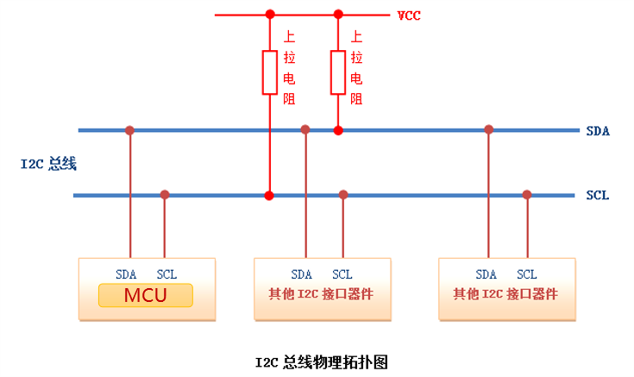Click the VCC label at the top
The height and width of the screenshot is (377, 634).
[410, 16]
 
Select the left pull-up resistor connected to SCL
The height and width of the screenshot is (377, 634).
[269, 72]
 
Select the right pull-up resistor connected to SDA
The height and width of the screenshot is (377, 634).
[338, 72]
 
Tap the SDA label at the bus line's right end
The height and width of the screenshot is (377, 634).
[598, 131]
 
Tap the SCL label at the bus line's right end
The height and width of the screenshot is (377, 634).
[598, 196]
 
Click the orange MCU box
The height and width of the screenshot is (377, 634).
[145, 297]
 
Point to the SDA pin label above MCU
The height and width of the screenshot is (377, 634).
[127, 274]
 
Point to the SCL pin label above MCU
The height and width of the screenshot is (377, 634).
[166, 274]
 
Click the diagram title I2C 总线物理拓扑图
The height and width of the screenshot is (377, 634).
[317, 361]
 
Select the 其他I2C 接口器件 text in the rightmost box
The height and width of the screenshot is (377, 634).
[505, 294]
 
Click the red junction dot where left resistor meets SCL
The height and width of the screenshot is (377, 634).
[269, 196]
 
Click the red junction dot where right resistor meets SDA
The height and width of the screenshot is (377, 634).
[338, 130]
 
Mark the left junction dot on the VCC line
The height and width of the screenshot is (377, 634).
[269, 15]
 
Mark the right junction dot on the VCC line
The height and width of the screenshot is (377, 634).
[338, 15]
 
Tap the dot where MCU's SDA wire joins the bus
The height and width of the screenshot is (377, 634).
[129, 130]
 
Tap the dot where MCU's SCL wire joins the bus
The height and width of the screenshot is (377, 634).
[165, 195]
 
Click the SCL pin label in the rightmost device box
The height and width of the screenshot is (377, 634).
[526, 274]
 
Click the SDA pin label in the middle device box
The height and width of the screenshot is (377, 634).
[301, 274]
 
